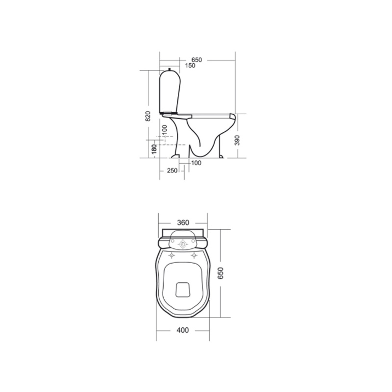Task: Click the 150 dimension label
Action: [190, 66]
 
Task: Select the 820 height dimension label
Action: [148, 116]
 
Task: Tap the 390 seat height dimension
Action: [237, 140]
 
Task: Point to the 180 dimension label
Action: [155, 149]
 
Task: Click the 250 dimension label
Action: [172, 171]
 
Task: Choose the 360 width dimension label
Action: [183, 223]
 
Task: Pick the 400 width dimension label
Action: [183, 336]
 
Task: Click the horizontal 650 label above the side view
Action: [197, 60]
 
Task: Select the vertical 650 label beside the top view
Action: [220, 273]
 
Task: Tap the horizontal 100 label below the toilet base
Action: [196, 163]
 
